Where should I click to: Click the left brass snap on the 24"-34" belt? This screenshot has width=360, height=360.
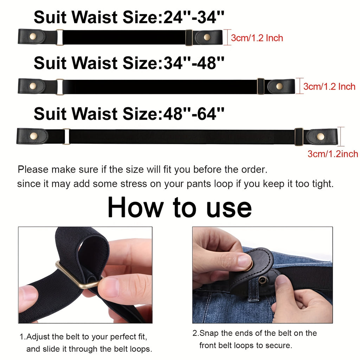click(x=33, y=36)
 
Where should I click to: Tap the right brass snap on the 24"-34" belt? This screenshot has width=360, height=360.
click(x=207, y=37)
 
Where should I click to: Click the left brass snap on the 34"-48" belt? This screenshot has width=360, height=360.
click(x=33, y=86)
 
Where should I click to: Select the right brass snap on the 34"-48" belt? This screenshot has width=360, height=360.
click(x=279, y=86)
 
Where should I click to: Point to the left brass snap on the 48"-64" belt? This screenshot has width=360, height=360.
click(x=33, y=136)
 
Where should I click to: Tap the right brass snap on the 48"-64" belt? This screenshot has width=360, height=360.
click(x=321, y=137)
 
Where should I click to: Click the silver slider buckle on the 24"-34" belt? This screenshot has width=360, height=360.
click(x=59, y=37)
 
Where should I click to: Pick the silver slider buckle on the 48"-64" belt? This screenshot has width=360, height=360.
click(x=66, y=137)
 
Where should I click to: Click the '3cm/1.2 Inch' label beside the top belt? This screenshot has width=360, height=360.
click(x=257, y=38)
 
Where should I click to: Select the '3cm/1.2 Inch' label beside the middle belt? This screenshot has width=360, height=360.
click(x=329, y=86)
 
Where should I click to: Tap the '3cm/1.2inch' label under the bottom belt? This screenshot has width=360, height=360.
click(x=333, y=154)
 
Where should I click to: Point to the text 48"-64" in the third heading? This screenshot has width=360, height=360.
click(x=194, y=114)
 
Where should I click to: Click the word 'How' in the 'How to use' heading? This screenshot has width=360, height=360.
click(x=135, y=207)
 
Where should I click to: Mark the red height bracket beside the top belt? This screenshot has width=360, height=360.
click(x=227, y=37)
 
